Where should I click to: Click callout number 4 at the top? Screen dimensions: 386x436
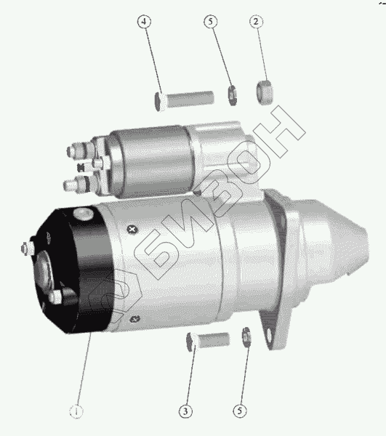pyautogui.click(x=145, y=22)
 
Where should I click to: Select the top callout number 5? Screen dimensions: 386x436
pyautogui.click(x=211, y=22)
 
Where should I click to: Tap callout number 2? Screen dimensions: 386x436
pyautogui.click(x=256, y=22)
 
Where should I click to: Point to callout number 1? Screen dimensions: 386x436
pyautogui.click(x=76, y=411)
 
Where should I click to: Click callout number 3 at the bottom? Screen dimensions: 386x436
pyautogui.click(x=185, y=411)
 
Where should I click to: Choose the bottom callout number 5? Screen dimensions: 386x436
pyautogui.click(x=240, y=411)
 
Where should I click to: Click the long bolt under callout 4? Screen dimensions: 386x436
pyautogui.click(x=184, y=100)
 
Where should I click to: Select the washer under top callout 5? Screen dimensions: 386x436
pyautogui.click(x=233, y=95)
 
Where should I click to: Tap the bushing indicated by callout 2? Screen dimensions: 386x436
pyautogui.click(x=265, y=92)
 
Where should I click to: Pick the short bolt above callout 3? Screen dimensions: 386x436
pyautogui.click(x=208, y=342)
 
